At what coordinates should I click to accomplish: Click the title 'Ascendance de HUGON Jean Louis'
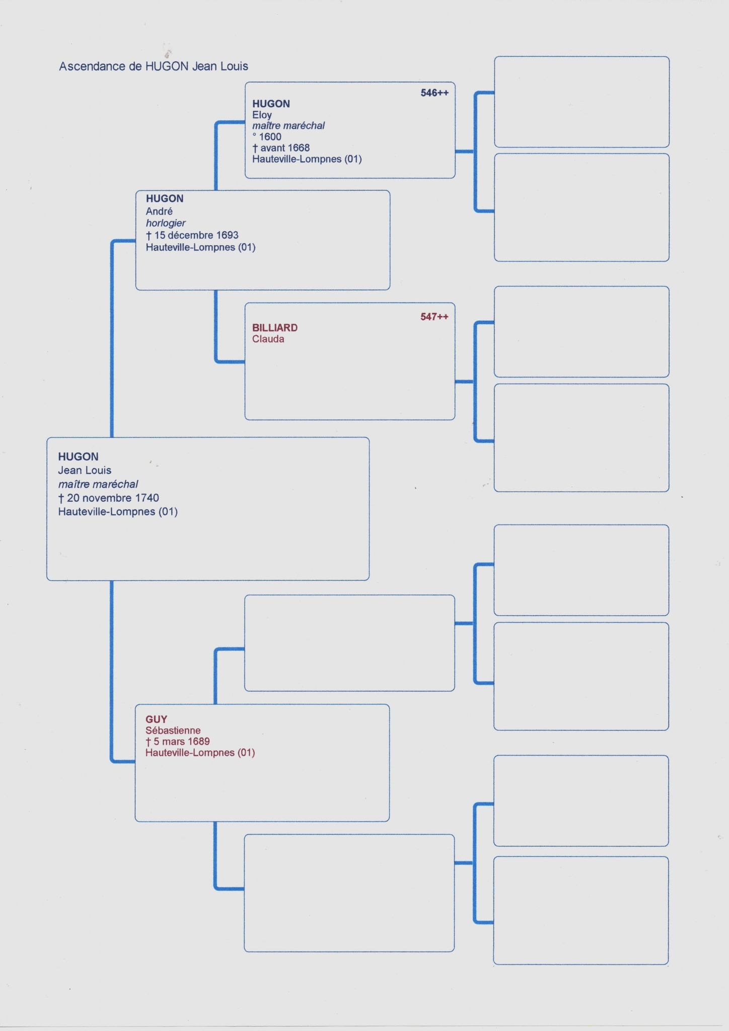[154, 66]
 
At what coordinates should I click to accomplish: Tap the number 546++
[434, 93]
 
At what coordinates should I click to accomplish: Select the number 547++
[434, 317]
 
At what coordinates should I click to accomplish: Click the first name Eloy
[262, 115]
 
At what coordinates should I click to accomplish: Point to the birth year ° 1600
[267, 137]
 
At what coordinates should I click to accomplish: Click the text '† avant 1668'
[281, 148]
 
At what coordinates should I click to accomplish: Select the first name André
[159, 211]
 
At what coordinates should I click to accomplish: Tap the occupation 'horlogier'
[166, 223]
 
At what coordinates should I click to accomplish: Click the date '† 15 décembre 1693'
[192, 235]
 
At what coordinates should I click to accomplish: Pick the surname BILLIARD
[275, 328]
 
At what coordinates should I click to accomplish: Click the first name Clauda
[268, 339]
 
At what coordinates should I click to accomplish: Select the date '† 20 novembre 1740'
[109, 498]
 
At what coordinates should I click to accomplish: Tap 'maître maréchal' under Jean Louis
[98, 484]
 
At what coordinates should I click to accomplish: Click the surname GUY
[157, 719]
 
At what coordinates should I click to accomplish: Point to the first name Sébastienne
[173, 730]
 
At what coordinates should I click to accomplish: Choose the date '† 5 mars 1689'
[178, 742]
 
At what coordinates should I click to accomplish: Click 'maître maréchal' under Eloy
[288, 126]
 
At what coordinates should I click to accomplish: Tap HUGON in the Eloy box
[271, 104]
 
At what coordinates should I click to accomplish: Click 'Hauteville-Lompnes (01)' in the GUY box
[200, 753]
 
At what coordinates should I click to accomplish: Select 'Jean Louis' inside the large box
[85, 470]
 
